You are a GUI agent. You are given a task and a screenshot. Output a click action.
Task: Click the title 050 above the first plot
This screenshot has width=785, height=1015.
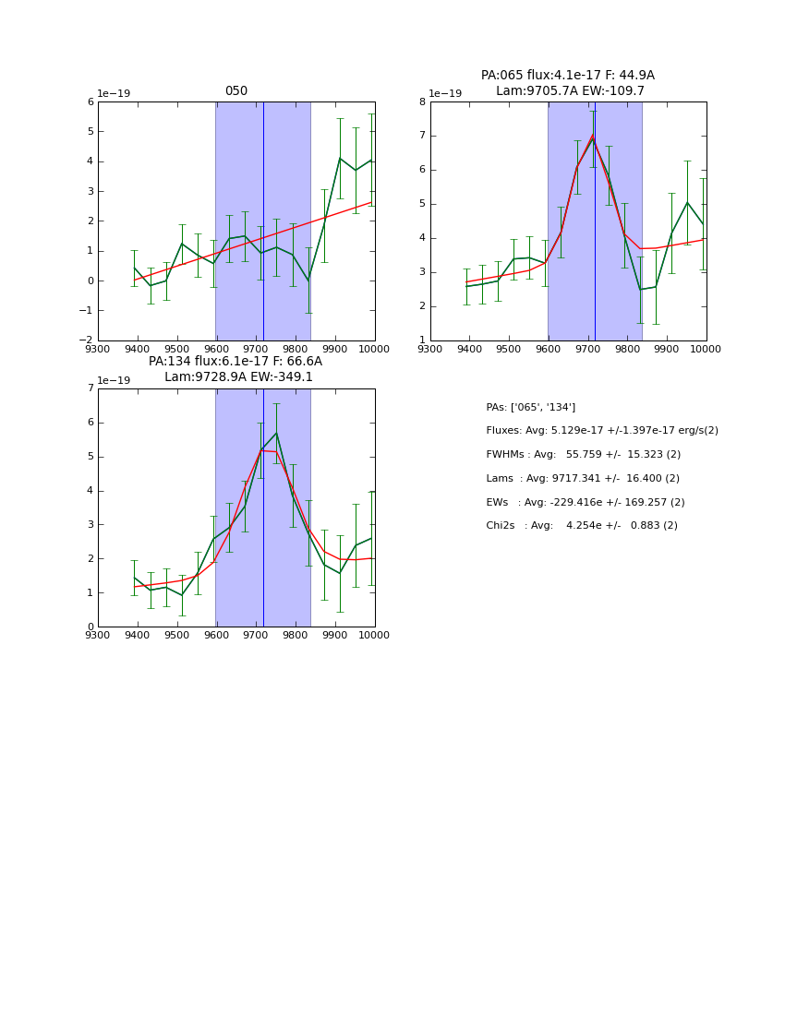pyautogui.click(x=236, y=91)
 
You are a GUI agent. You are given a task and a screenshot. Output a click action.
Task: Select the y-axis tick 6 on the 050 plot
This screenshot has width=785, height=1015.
pyautogui.click(x=91, y=102)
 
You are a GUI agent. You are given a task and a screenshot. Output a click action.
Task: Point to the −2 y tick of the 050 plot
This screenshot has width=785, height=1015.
pyautogui.click(x=87, y=340)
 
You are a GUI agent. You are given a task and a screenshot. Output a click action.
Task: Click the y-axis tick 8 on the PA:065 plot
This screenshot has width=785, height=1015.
pyautogui.click(x=423, y=102)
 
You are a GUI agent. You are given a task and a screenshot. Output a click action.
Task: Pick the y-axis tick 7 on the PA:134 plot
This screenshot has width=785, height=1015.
pyautogui.click(x=91, y=388)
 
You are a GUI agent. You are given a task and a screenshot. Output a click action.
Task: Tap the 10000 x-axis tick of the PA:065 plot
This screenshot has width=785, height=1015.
pyautogui.click(x=706, y=349)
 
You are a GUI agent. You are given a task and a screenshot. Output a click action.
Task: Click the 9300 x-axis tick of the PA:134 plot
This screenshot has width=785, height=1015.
pyautogui.click(x=98, y=635)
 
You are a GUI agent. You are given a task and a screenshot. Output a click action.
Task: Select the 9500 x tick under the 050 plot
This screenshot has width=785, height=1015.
pyautogui.click(x=177, y=349)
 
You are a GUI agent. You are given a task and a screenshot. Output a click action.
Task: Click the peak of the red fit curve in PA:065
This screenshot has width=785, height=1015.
pyautogui.click(x=592, y=136)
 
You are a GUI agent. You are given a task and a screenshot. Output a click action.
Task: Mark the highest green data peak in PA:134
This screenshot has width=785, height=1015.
pyautogui.click(x=275, y=433)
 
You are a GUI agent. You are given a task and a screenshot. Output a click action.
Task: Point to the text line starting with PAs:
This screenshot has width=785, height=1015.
pyautogui.click(x=530, y=407)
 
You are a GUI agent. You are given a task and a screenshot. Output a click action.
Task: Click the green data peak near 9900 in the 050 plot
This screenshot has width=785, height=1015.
pyautogui.click(x=340, y=158)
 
